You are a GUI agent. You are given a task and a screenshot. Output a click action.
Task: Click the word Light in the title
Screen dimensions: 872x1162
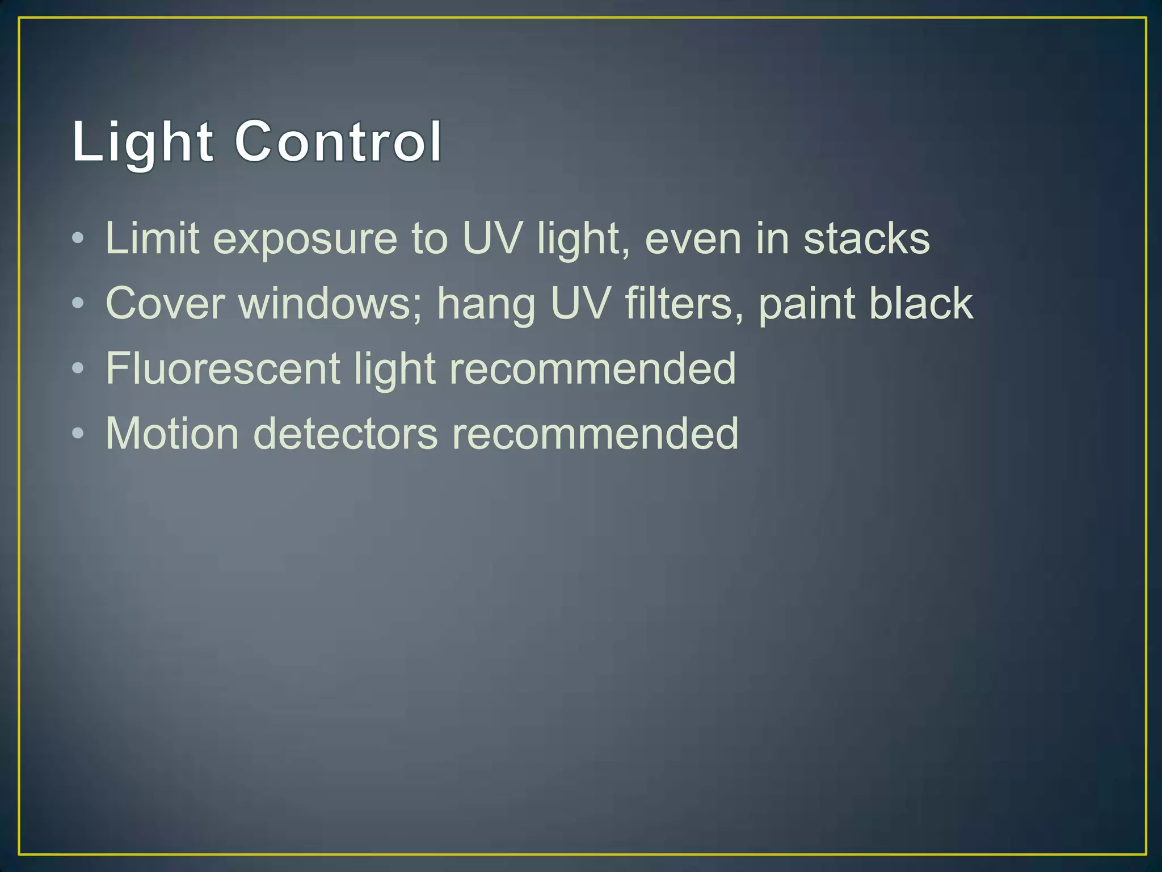142,142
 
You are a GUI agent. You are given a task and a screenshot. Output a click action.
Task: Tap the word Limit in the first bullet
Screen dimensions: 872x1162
152,238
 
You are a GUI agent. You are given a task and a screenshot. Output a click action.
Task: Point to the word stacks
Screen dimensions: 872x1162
866,238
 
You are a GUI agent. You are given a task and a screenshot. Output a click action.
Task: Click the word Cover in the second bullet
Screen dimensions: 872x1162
165,304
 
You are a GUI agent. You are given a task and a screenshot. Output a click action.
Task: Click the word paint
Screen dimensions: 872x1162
806,304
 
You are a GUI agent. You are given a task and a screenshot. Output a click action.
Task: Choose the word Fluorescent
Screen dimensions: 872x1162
223,369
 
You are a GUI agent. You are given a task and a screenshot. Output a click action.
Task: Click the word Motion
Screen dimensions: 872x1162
172,434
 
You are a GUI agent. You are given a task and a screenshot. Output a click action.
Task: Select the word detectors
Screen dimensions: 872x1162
345,434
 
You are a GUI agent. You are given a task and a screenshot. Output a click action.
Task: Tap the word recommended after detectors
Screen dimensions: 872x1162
595,434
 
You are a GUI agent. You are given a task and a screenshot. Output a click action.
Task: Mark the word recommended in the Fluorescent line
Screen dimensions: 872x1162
592,369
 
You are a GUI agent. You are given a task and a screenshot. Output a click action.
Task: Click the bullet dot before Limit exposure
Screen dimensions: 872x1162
78,238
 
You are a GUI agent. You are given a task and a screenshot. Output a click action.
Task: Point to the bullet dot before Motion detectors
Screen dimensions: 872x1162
78,434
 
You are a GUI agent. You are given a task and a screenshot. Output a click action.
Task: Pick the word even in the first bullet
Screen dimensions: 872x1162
693,238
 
